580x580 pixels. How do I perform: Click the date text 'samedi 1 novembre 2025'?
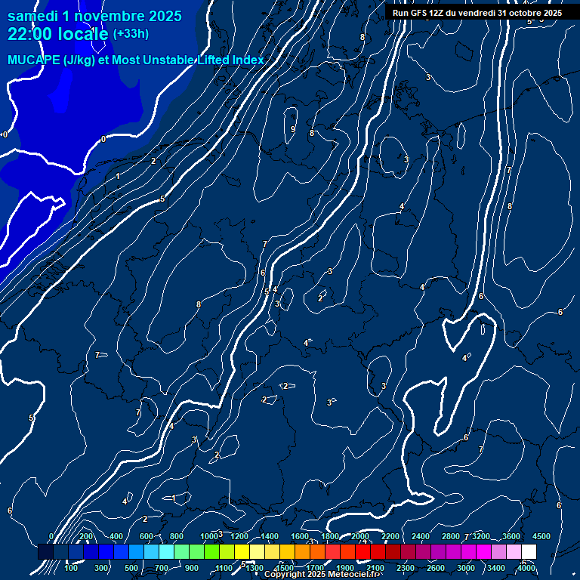[x=94, y=16]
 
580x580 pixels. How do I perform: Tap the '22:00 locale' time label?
[x=57, y=34]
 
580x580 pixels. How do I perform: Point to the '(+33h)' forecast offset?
[x=131, y=34]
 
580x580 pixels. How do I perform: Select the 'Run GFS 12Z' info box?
[x=477, y=13]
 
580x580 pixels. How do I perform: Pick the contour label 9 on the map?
[x=293, y=129]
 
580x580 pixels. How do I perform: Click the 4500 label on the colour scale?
[x=541, y=536]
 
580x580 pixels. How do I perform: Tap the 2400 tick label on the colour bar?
[x=421, y=536]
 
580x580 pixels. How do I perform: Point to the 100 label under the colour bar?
[x=70, y=568]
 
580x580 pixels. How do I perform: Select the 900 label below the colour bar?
[x=191, y=568]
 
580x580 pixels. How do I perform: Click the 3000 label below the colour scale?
[x=466, y=568]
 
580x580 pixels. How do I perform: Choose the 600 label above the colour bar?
[x=146, y=536]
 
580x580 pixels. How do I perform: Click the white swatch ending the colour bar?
[x=529, y=553]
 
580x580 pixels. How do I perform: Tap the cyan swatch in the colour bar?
[x=166, y=553]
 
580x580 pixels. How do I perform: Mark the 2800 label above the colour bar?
[x=451, y=536]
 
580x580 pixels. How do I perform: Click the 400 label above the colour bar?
[x=116, y=536]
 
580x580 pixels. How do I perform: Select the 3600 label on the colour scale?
[x=511, y=536]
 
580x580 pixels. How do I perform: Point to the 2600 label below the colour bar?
[x=436, y=568]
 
